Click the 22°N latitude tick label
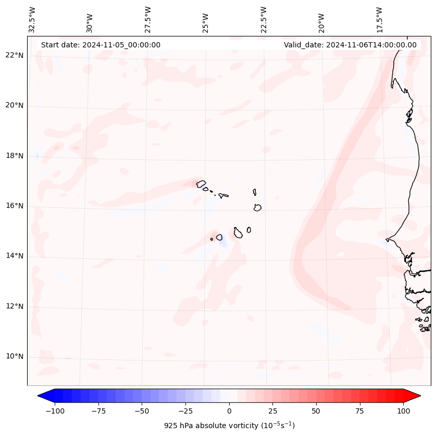coord(14,56)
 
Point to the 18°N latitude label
coord(14,156)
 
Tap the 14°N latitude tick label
coord(14,256)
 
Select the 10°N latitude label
coord(14,356)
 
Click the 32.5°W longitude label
coord(32,19)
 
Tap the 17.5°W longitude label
coord(379,19)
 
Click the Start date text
coord(101,45)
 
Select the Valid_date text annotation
coord(350,45)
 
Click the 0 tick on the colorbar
coord(229,411)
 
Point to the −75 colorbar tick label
coord(98,411)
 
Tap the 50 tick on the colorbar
coord(316,411)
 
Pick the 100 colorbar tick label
coord(403,411)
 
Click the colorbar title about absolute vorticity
coord(229,426)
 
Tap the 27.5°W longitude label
coord(148,19)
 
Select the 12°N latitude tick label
coord(14,306)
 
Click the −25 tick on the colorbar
coord(185,411)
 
